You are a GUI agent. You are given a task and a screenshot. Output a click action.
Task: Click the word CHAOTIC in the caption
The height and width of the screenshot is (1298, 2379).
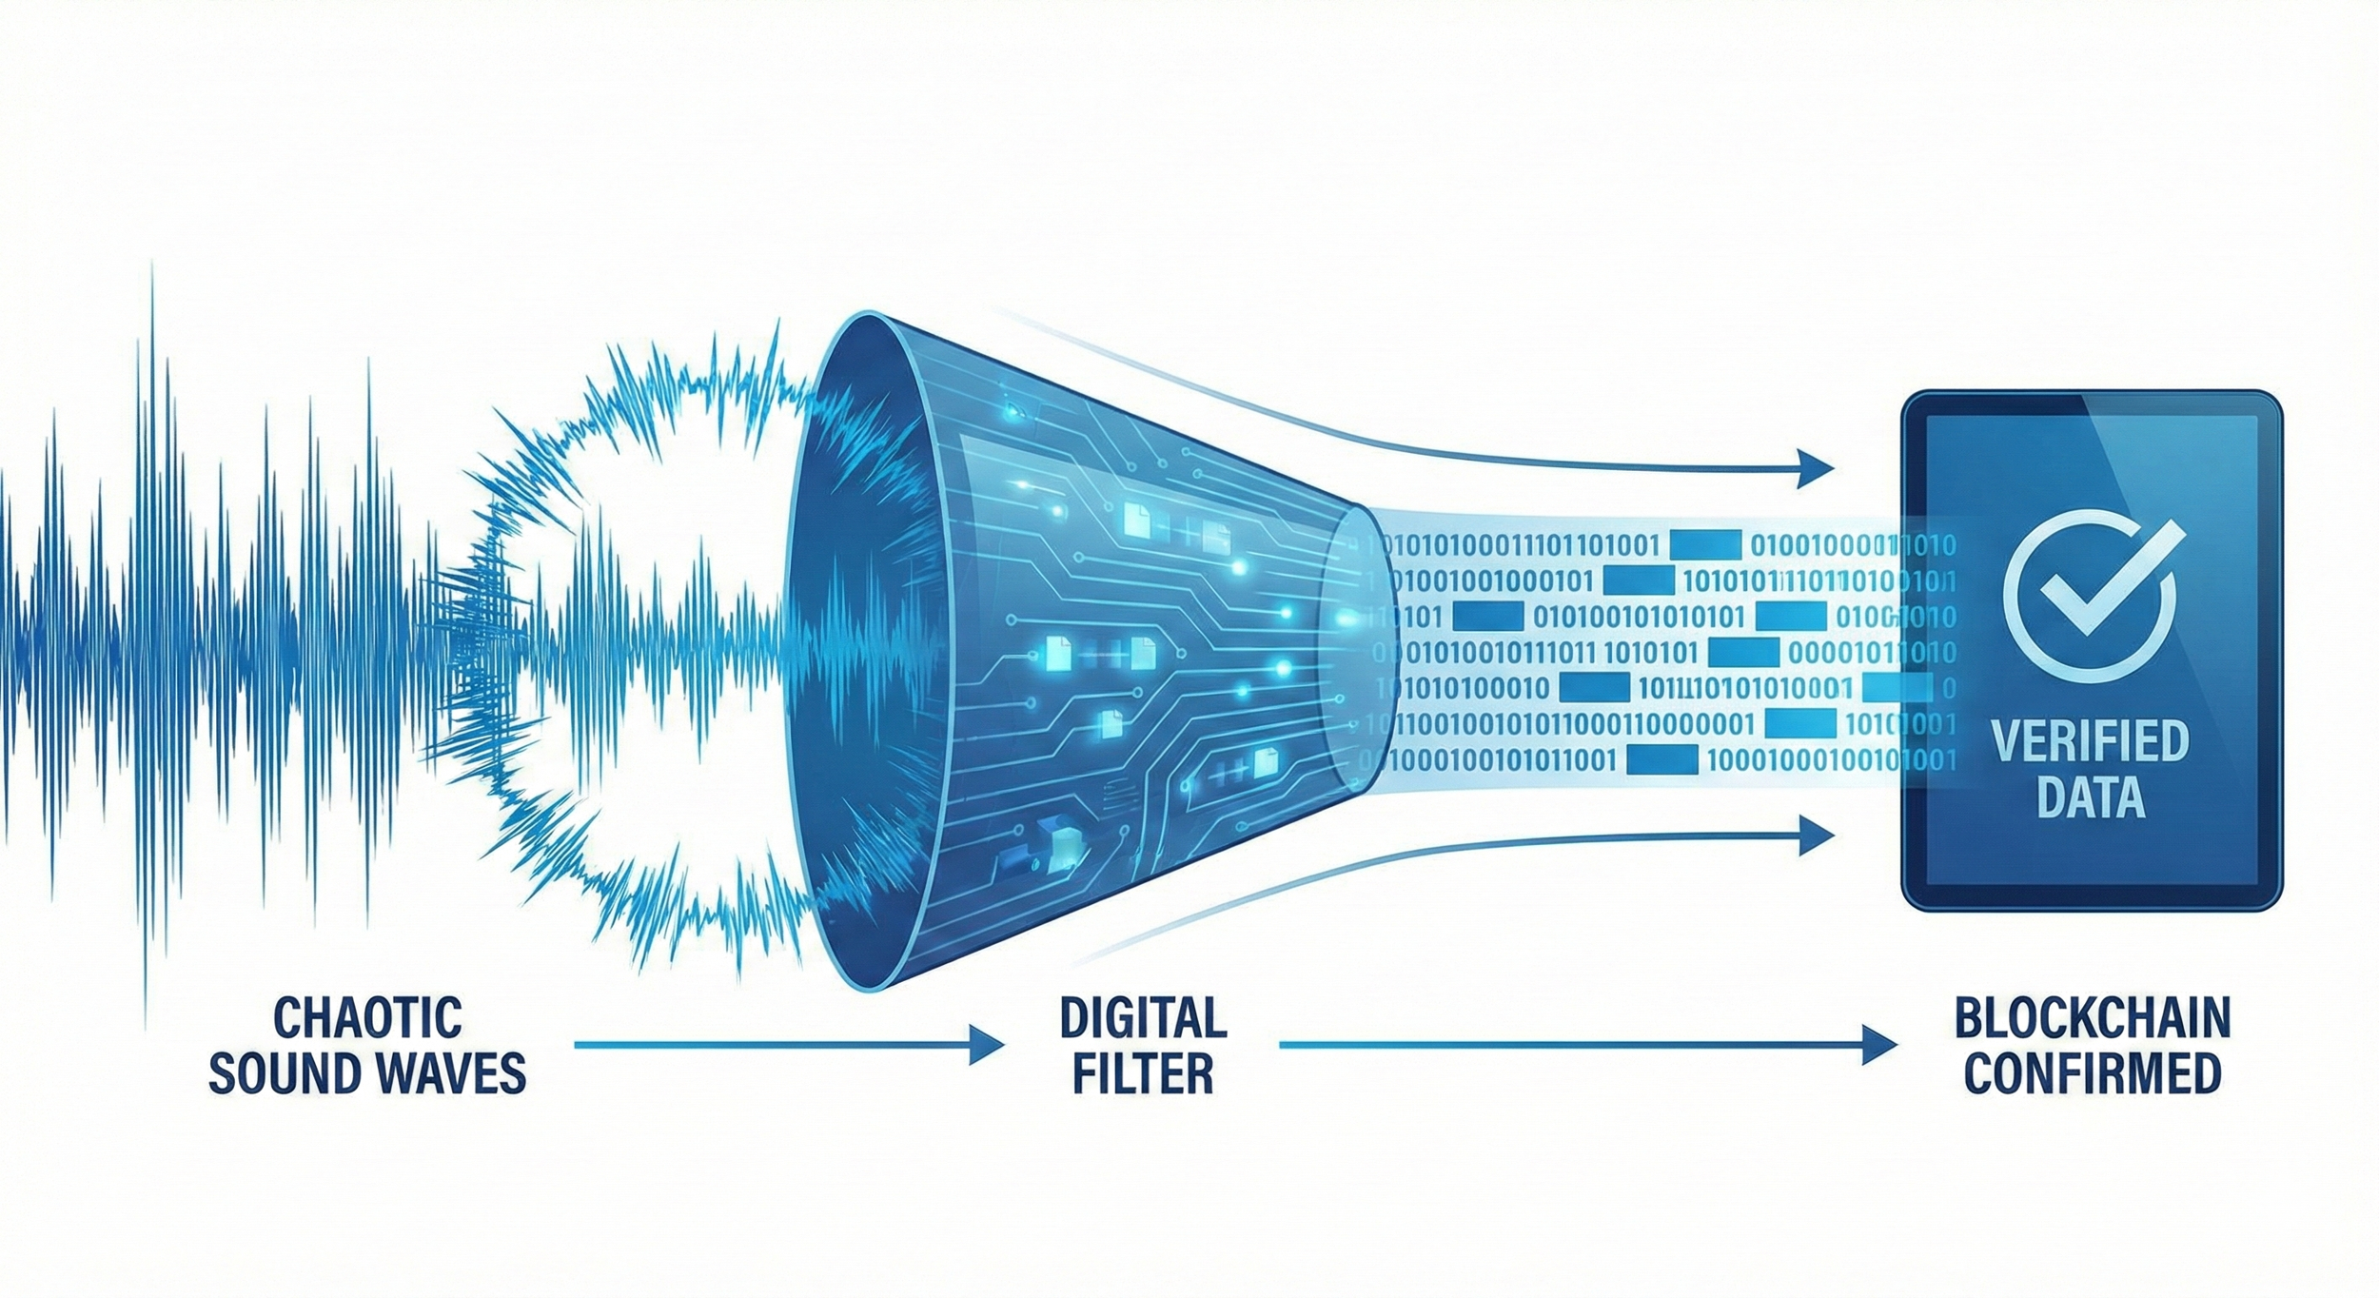click(x=367, y=1017)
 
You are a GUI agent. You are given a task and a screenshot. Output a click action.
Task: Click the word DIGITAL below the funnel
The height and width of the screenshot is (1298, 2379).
click(x=1143, y=1017)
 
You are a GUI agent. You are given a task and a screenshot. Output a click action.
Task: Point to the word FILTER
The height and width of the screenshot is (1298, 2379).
click(x=1143, y=1072)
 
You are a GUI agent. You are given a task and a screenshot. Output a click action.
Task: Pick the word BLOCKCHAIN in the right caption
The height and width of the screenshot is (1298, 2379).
click(x=2092, y=1017)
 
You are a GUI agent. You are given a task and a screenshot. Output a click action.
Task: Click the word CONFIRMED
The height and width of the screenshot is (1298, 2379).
click(x=2092, y=1072)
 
